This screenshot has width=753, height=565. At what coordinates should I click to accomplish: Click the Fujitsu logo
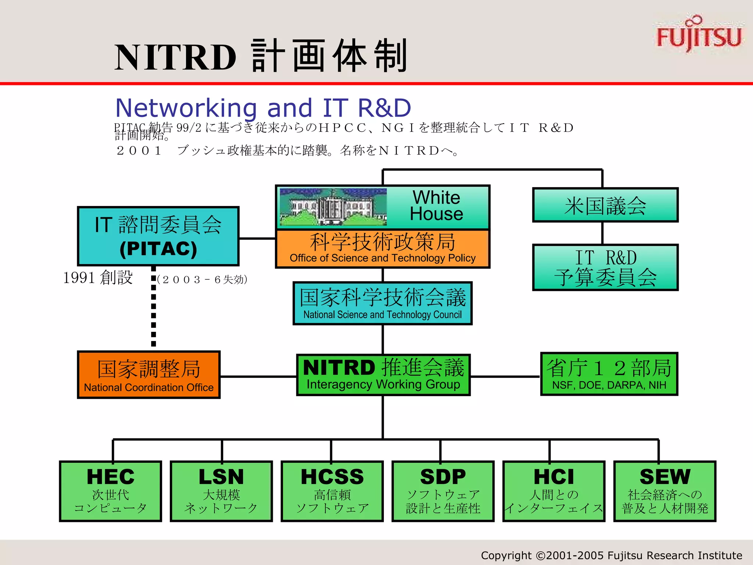click(x=699, y=35)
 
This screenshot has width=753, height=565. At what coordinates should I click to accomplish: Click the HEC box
click(x=110, y=491)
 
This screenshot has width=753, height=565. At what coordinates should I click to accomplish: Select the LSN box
click(x=221, y=491)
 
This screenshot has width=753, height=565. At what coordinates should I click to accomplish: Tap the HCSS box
click(x=332, y=491)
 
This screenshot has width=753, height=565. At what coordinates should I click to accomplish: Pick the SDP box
click(x=443, y=491)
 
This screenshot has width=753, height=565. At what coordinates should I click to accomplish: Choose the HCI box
click(x=554, y=491)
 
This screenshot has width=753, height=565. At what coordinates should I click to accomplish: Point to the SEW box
click(x=665, y=491)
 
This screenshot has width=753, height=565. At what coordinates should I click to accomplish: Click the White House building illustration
click(x=333, y=207)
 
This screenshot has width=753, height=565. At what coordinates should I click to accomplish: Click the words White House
click(x=436, y=206)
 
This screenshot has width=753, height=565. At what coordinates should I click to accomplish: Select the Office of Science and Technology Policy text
click(x=382, y=258)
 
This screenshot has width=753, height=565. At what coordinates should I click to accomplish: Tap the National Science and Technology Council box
click(x=382, y=303)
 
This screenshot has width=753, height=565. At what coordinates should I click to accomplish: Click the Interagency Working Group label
click(x=383, y=385)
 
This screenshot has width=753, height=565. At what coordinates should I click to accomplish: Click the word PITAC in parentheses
click(x=158, y=249)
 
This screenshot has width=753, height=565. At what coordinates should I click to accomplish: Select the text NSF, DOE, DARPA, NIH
click(x=609, y=385)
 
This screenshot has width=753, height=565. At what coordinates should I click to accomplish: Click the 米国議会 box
click(x=605, y=205)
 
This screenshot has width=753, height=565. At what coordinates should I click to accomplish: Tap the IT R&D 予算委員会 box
click(x=605, y=267)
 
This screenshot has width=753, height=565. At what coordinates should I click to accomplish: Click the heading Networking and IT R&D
click(x=263, y=107)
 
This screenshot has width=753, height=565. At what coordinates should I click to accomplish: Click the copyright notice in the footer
click(x=611, y=555)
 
